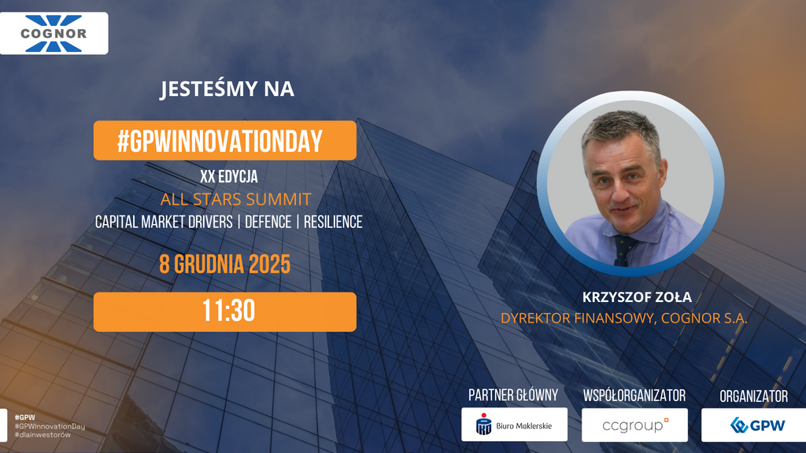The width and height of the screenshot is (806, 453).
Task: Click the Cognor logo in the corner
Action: tap(54, 34)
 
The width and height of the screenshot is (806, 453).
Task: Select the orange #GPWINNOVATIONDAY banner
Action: tap(224, 141)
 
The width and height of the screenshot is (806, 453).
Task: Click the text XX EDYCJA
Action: tap(229, 177)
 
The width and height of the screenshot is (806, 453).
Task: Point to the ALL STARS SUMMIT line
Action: tap(235, 199)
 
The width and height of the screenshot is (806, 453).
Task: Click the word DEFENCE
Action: tap(267, 223)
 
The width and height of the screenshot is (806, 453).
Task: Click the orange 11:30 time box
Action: tap(225, 311)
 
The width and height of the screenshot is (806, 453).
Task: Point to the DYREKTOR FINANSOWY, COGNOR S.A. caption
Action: tap(624, 319)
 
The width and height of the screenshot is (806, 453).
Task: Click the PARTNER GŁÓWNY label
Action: tap(513, 396)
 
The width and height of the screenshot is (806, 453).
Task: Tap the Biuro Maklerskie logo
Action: tap(514, 425)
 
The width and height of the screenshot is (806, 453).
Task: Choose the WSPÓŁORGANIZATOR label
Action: tap(634, 396)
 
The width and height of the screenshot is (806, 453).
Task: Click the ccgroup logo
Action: tap(634, 425)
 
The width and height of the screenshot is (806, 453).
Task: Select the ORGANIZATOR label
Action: tap(753, 396)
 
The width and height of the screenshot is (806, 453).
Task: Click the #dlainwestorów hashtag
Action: tap(43, 435)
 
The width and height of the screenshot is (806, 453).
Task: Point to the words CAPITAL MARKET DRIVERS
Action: tap(164, 223)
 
